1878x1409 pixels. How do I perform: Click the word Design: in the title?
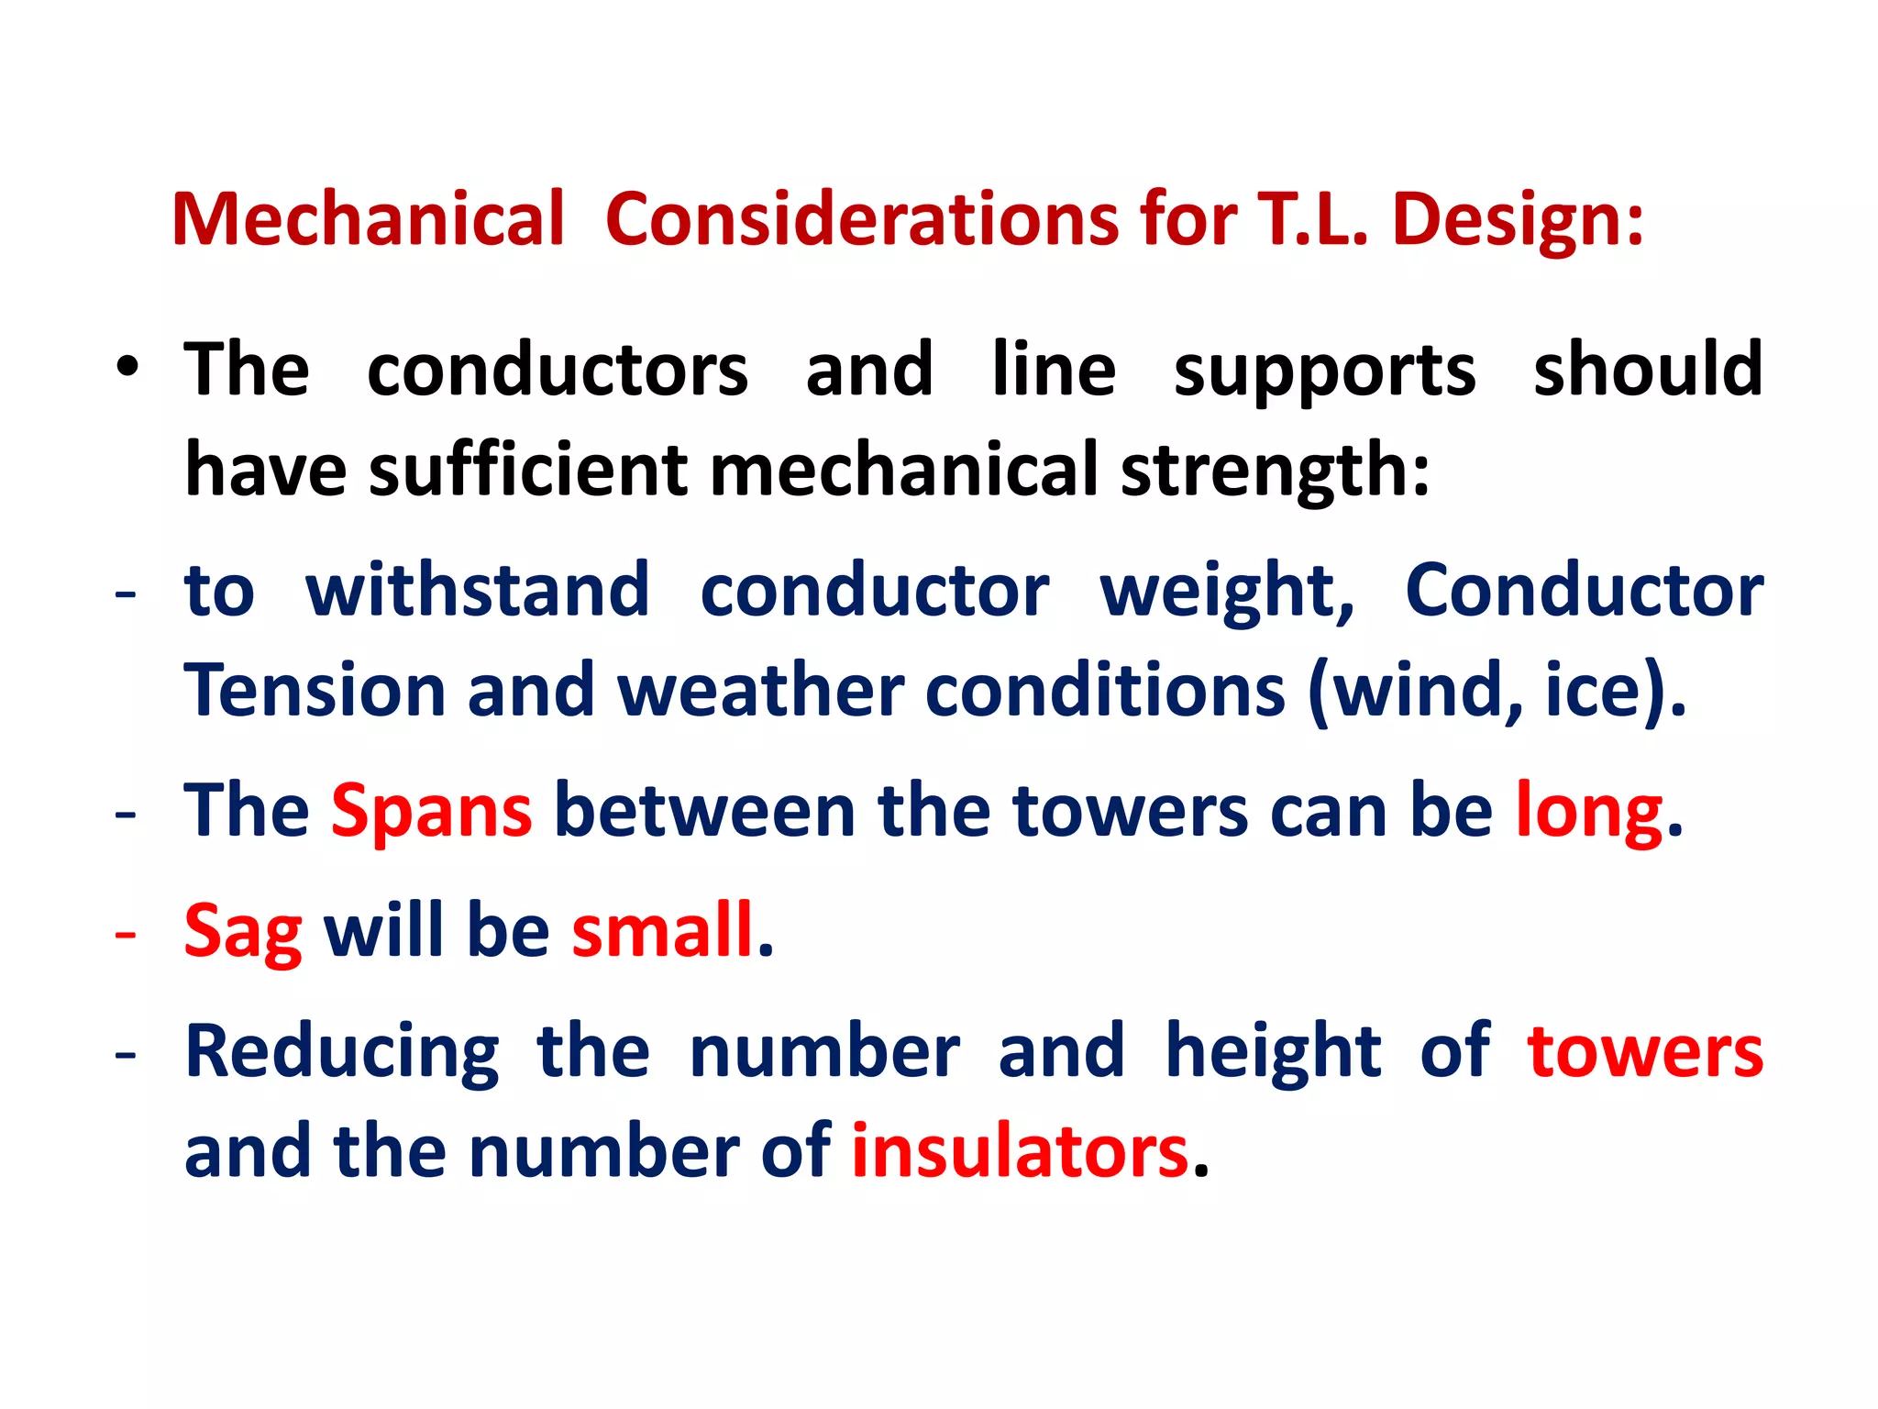click(1518, 221)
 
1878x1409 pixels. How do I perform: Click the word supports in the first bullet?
click(1324, 372)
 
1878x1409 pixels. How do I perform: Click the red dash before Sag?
click(126, 934)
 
